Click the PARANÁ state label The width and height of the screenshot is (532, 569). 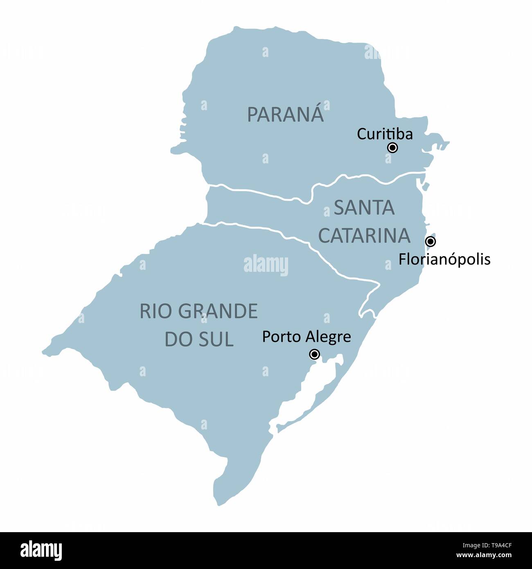(285, 115)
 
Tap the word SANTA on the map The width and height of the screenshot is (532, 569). (364, 208)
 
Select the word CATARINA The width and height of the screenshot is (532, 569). (364, 235)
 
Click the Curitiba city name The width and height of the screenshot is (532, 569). (385, 134)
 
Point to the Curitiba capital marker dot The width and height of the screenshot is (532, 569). (392, 148)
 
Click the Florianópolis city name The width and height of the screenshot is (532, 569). (444, 260)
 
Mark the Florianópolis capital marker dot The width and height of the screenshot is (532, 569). (431, 242)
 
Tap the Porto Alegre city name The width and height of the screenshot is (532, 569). (307, 337)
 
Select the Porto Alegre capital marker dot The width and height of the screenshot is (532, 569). (314, 354)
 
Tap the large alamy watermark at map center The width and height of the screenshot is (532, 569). (266, 264)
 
